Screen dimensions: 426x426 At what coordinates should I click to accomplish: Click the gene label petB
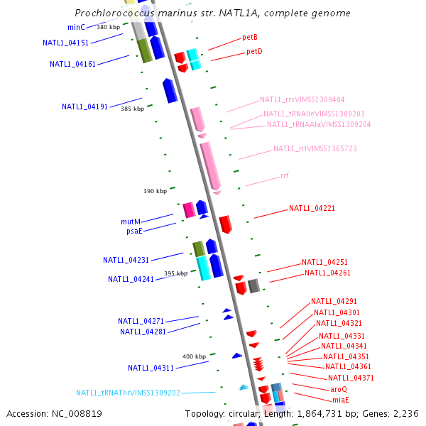249,37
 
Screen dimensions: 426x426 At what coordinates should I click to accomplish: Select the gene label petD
254,52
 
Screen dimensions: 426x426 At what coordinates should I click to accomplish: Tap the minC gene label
76,27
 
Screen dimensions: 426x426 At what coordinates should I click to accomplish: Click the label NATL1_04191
84,107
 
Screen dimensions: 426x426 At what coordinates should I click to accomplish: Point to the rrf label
285,175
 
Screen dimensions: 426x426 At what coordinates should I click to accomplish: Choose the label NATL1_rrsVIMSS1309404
302,100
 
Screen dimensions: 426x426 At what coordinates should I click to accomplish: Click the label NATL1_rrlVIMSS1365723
315,149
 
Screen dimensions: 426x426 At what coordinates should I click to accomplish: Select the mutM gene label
131,222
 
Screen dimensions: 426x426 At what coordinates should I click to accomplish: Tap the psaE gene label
133,231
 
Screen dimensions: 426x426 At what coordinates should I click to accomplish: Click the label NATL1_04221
312,209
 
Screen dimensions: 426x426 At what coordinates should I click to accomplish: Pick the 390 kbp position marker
155,191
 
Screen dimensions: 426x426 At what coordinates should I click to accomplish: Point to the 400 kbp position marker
194,356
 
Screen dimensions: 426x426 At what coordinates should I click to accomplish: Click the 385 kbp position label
132,109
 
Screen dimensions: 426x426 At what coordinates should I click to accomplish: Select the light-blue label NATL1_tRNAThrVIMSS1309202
129,393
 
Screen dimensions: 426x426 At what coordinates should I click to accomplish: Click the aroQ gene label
339,389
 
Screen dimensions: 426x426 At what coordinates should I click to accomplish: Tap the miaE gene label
340,400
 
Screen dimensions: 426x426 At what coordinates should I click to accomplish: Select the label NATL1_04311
151,368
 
